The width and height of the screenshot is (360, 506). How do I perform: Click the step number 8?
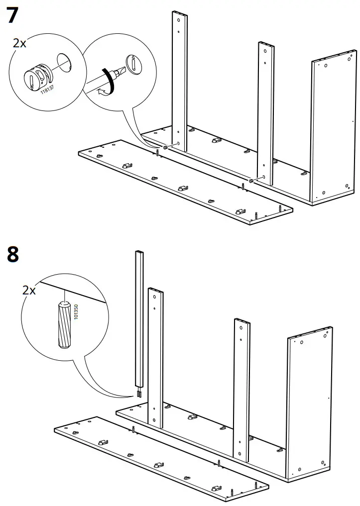coord(13,255)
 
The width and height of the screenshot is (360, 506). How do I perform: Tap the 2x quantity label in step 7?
coord(19,43)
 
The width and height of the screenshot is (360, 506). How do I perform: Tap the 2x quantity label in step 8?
coord(29,290)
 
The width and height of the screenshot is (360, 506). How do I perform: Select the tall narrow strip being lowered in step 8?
coord(139,318)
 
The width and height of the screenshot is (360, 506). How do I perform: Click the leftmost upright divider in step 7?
coord(180,80)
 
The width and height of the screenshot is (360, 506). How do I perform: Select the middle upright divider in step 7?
coord(266,109)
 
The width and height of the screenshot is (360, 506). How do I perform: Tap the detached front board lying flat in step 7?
coord(184,182)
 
